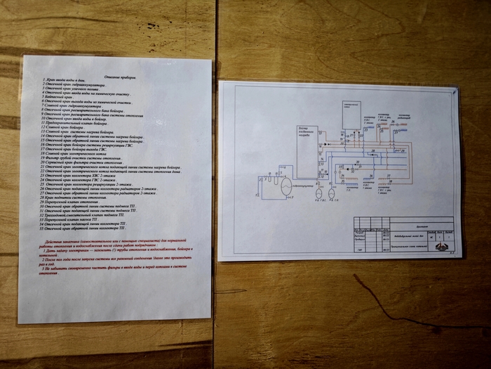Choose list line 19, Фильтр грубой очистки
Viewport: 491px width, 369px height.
(91, 159)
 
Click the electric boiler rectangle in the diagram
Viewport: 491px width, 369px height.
(355, 113)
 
